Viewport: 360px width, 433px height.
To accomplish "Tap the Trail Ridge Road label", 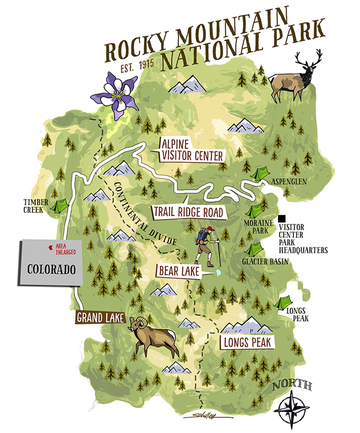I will coord(188,212).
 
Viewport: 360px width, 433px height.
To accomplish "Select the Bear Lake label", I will coord(177,271).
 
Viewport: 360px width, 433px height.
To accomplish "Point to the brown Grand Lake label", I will coord(101,318).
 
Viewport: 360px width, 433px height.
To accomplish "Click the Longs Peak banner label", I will coord(247,342).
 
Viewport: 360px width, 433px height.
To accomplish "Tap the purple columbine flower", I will coord(113,95).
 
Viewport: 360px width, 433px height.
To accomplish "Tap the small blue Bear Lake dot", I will coord(218,272).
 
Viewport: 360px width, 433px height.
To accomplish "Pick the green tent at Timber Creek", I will coord(60,207).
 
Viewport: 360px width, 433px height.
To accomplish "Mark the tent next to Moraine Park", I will coord(255,211).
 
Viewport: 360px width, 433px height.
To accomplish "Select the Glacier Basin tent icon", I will coord(253,250).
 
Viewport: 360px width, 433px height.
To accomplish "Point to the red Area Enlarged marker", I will coord(50,248).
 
